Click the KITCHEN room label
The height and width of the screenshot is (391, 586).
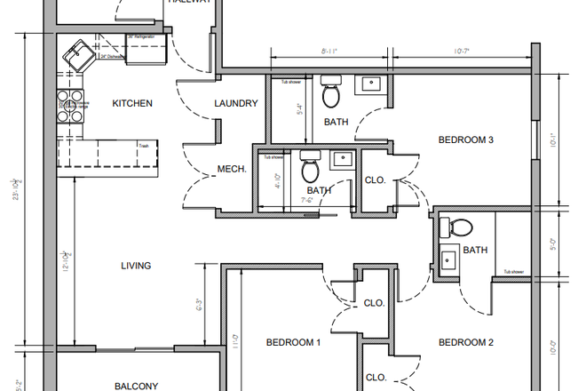[132, 103]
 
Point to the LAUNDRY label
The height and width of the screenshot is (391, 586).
[236, 103]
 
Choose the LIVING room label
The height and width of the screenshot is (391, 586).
[136, 265]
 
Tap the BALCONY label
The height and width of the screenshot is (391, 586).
[137, 386]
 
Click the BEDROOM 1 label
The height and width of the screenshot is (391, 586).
[293, 342]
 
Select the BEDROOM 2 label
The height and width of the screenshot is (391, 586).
[465, 342]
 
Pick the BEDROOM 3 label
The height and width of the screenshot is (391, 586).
[465, 140]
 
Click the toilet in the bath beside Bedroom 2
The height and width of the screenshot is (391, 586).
[460, 227]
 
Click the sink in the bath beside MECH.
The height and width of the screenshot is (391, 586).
[342, 160]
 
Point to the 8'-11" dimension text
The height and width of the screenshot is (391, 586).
[328, 52]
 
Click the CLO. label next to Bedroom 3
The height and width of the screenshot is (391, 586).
[376, 180]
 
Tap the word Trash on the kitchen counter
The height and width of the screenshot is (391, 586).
[142, 145]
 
